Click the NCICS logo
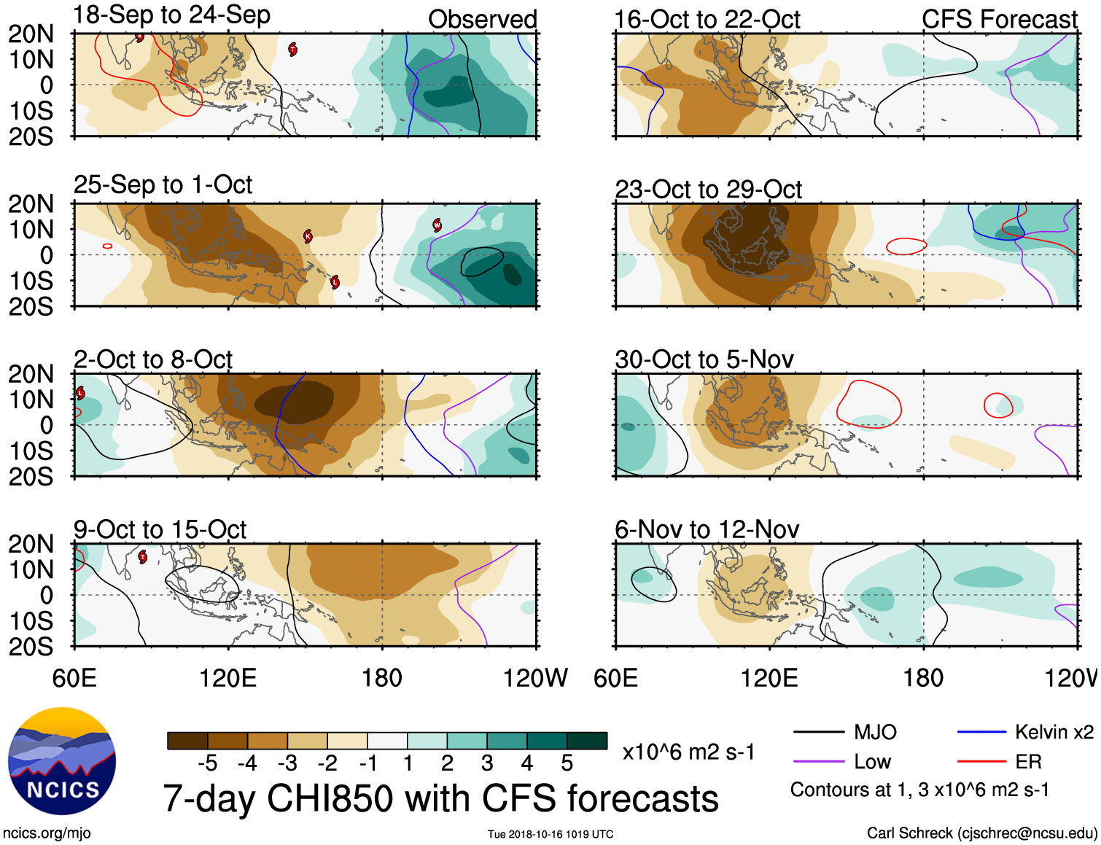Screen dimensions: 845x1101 click(62, 761)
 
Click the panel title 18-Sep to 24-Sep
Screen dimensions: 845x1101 click(172, 15)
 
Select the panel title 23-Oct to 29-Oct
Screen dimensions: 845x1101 click(708, 190)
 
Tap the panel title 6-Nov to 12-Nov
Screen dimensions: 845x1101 click(707, 529)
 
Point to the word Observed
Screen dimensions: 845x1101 click(482, 20)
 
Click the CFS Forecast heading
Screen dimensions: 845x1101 click(999, 20)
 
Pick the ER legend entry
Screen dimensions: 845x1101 click(1028, 762)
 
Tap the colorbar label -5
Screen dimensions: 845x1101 click(207, 763)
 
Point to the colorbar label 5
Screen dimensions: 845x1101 click(567, 763)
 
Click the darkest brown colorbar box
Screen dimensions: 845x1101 click(187, 741)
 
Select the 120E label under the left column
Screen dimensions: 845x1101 click(228, 678)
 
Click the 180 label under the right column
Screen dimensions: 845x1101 click(923, 678)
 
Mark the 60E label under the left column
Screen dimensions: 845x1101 click(74, 678)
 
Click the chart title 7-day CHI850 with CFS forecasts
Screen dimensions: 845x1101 click(440, 798)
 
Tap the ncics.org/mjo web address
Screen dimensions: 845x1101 click(47, 833)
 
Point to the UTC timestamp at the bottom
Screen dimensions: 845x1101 click(550, 834)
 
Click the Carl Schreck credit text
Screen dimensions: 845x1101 click(981, 833)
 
